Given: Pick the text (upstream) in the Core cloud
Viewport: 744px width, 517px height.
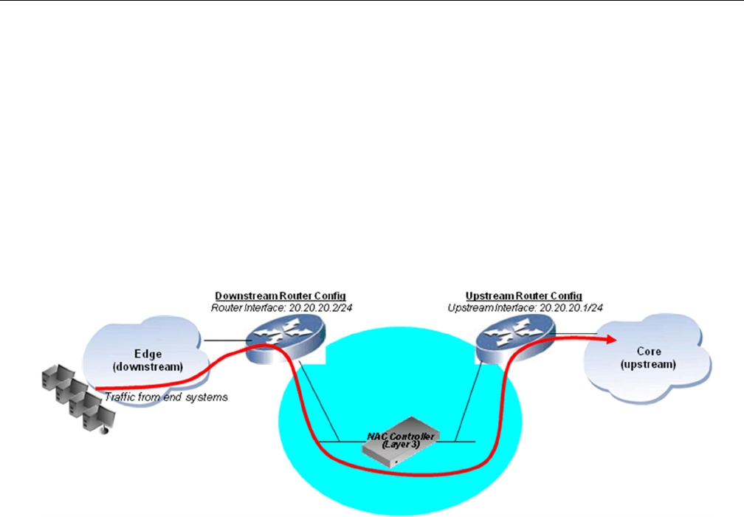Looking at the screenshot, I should pyautogui.click(x=647, y=366).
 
